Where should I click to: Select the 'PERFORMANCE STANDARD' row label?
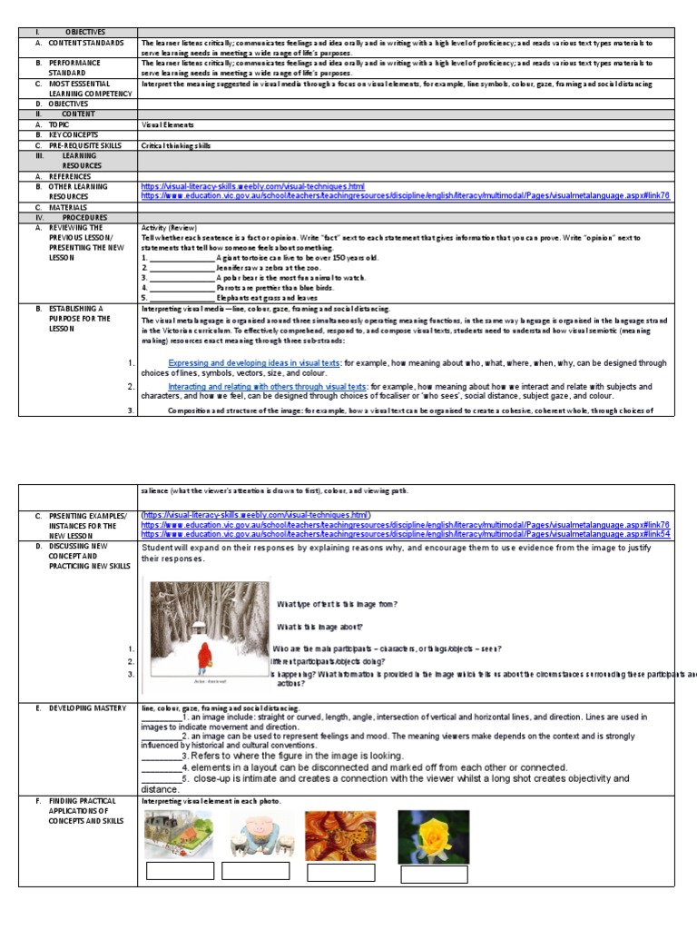(x=76, y=68)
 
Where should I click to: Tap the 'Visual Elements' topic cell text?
(x=167, y=124)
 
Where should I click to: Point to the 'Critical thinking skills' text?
(x=176, y=145)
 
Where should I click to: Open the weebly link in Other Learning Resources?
(x=252, y=186)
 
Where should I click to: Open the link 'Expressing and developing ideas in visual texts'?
(x=254, y=363)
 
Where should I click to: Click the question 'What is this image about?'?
(x=320, y=627)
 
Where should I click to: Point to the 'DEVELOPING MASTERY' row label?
(x=84, y=707)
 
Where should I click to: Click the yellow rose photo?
(x=434, y=836)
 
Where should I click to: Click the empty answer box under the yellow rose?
(x=434, y=875)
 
